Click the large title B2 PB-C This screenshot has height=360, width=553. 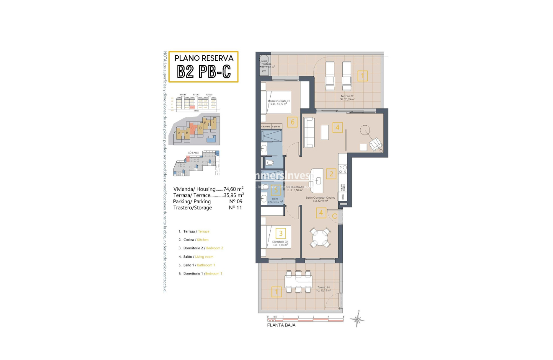204,71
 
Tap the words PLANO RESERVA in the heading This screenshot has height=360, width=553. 204,58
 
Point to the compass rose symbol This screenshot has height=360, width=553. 357,319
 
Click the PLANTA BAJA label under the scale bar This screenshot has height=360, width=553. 281,325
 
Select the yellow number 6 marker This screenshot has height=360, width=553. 292,122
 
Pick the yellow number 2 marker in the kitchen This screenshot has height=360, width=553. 331,174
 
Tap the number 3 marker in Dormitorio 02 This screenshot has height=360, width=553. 281,233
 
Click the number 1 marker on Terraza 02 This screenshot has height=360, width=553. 362,76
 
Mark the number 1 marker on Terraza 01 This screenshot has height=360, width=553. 276,292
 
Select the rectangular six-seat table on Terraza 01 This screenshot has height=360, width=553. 298,283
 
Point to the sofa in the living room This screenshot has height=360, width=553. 308,132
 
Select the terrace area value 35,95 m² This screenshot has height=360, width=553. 234,195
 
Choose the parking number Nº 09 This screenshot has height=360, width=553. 236,201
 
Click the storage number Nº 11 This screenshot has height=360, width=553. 236,207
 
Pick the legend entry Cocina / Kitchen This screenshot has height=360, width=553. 193,240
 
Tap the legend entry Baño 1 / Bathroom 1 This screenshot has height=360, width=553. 196,265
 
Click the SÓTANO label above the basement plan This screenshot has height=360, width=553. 193,153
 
